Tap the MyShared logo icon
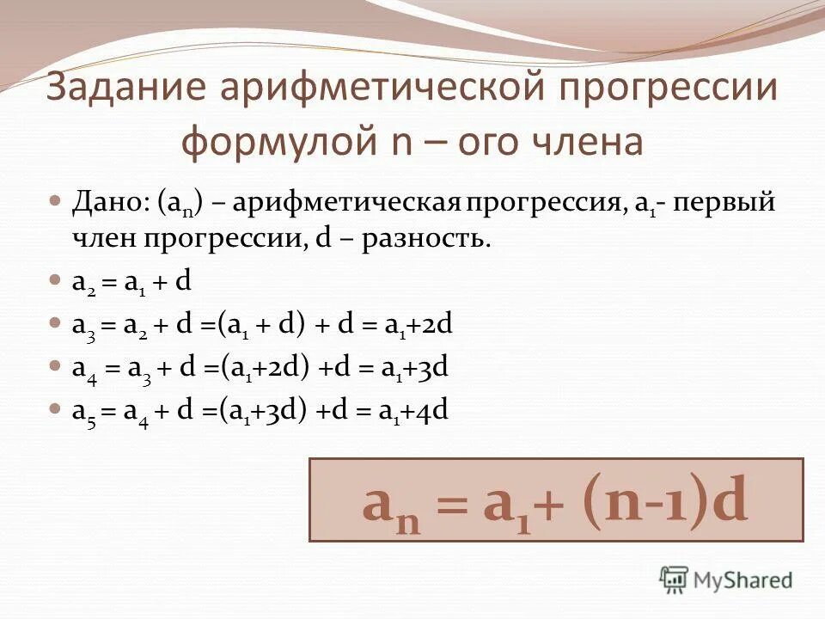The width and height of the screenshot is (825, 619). [674, 579]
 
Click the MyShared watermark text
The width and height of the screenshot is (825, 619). [743, 580]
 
